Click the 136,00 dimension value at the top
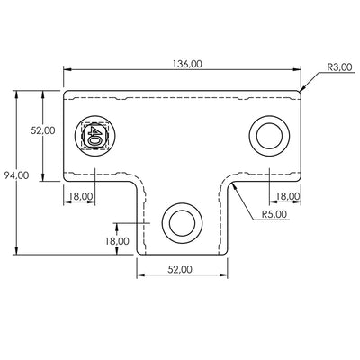click(x=184, y=63)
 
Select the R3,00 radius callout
click(x=339, y=67)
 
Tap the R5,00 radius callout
click(x=274, y=215)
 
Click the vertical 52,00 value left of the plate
click(x=43, y=130)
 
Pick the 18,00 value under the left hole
click(x=81, y=195)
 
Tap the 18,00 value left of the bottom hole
click(x=117, y=241)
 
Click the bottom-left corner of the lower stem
click(x=137, y=253)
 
